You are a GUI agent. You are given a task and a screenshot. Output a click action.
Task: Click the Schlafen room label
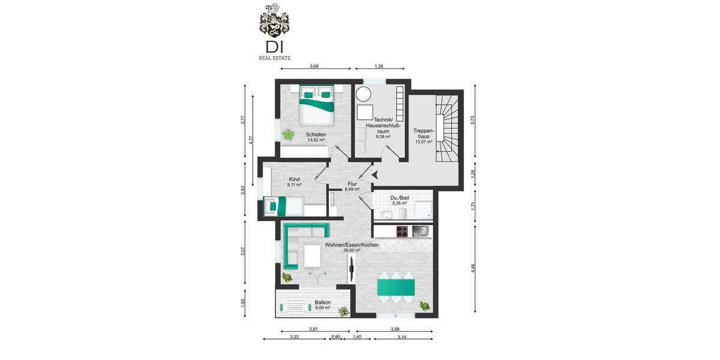pyautogui.click(x=316, y=134)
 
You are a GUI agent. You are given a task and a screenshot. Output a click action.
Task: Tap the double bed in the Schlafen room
pyautogui.click(x=316, y=103)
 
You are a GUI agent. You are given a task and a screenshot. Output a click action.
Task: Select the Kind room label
pyautogui.click(x=294, y=179)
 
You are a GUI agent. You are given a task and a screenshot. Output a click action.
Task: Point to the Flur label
pyautogui.click(x=352, y=184)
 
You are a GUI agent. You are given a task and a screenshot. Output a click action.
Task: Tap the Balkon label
pyautogui.click(x=323, y=303)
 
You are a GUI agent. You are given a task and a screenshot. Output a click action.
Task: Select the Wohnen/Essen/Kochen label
pyautogui.click(x=352, y=245)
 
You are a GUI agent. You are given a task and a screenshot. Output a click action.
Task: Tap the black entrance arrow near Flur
pyautogui.click(x=374, y=175)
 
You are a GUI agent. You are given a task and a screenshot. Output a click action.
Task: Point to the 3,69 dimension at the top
pyautogui.click(x=314, y=66)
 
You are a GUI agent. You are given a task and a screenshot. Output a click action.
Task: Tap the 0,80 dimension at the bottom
pyautogui.click(x=336, y=337)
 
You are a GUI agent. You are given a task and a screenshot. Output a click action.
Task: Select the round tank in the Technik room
pyautogui.click(x=364, y=94)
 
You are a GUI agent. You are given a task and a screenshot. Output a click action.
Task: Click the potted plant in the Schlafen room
pyautogui.click(x=289, y=135)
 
